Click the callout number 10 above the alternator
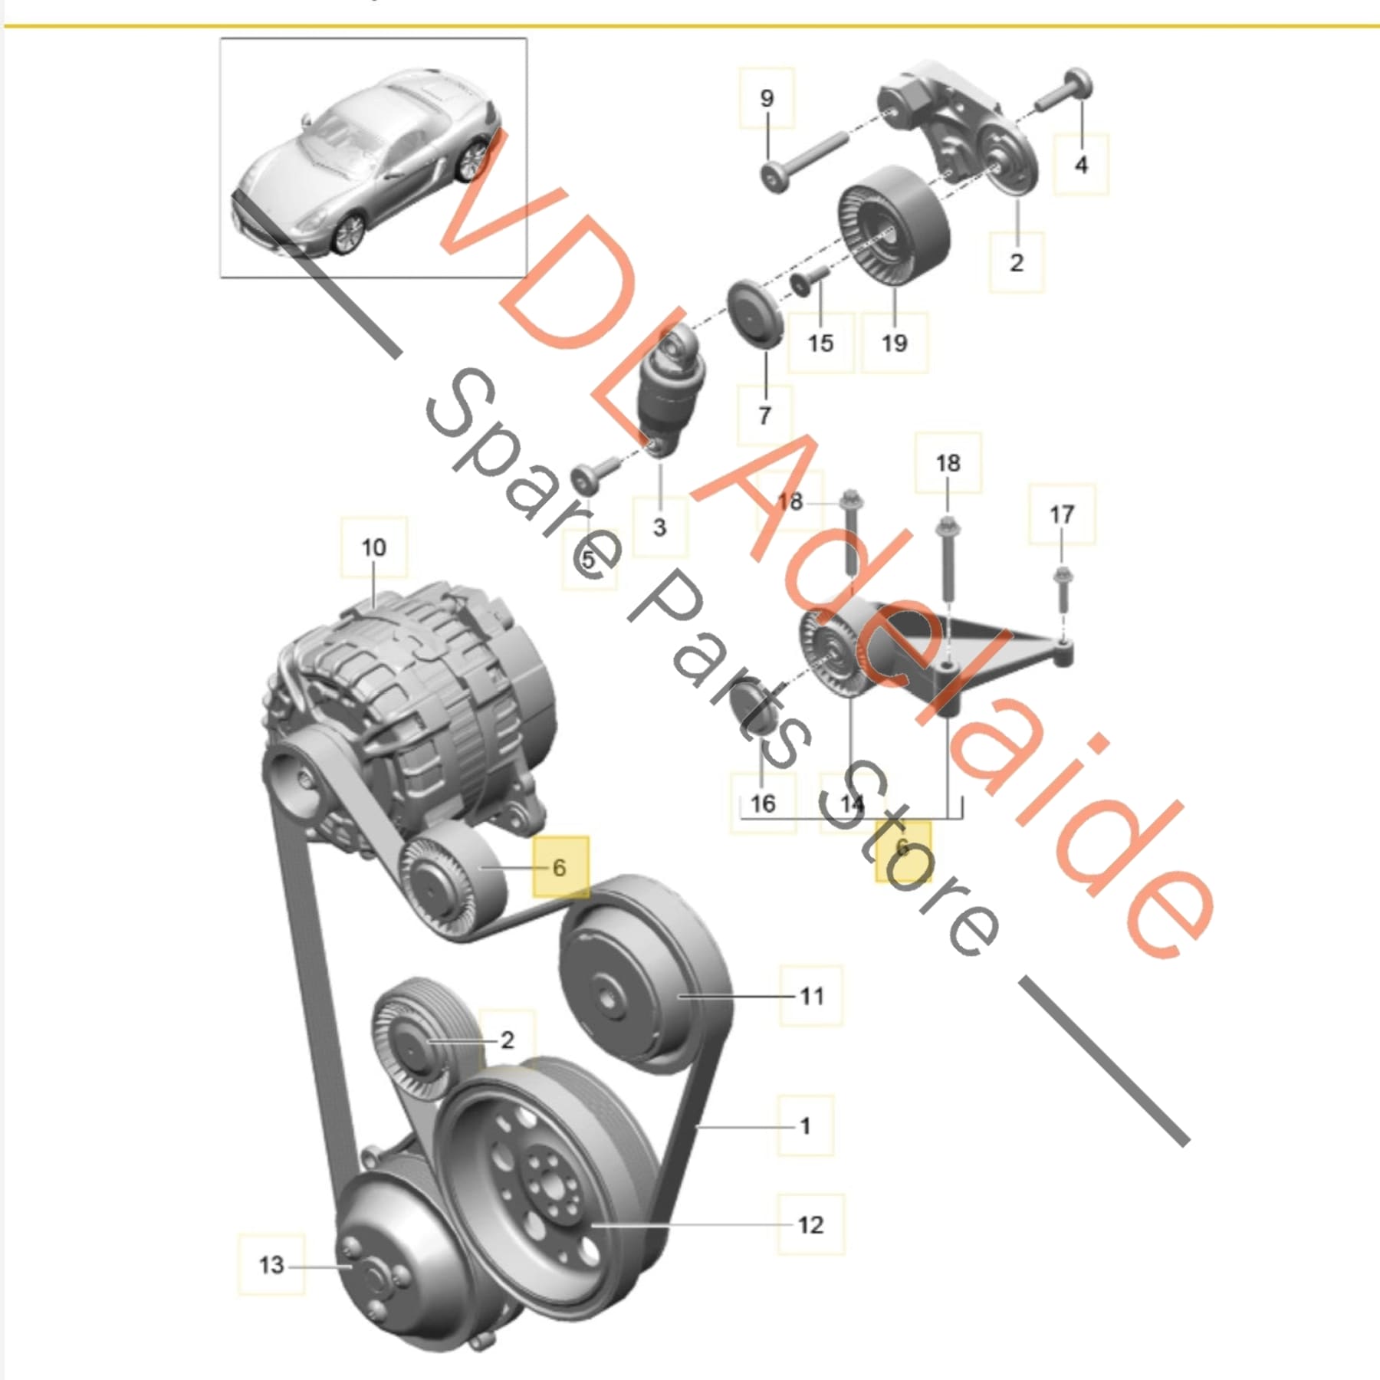pos(373,548)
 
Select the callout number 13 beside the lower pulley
pos(271,1264)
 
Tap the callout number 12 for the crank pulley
pos(810,1224)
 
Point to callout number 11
pos(811,996)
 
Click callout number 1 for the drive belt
pos(805,1125)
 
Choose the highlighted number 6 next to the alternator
pos(560,867)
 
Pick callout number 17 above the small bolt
pos(1062,514)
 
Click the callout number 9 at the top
pos(767,98)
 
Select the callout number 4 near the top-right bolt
pos(1080,164)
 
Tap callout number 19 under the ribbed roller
pos(894,343)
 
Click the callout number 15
pos(820,343)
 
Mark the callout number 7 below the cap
pos(764,416)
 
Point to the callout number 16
pos(762,803)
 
